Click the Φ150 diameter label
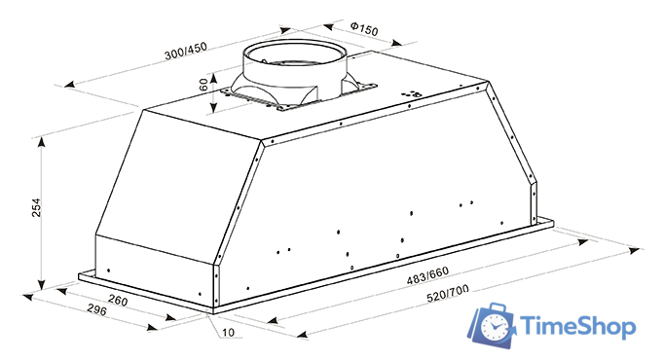point(364,29)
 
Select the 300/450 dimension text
point(186,52)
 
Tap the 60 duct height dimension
point(203,85)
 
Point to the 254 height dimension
point(36,207)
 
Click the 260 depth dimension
point(118,300)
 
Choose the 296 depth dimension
point(97,309)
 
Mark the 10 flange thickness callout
point(228,332)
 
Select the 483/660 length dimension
point(427,275)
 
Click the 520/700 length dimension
point(448,294)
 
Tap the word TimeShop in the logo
point(577,327)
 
